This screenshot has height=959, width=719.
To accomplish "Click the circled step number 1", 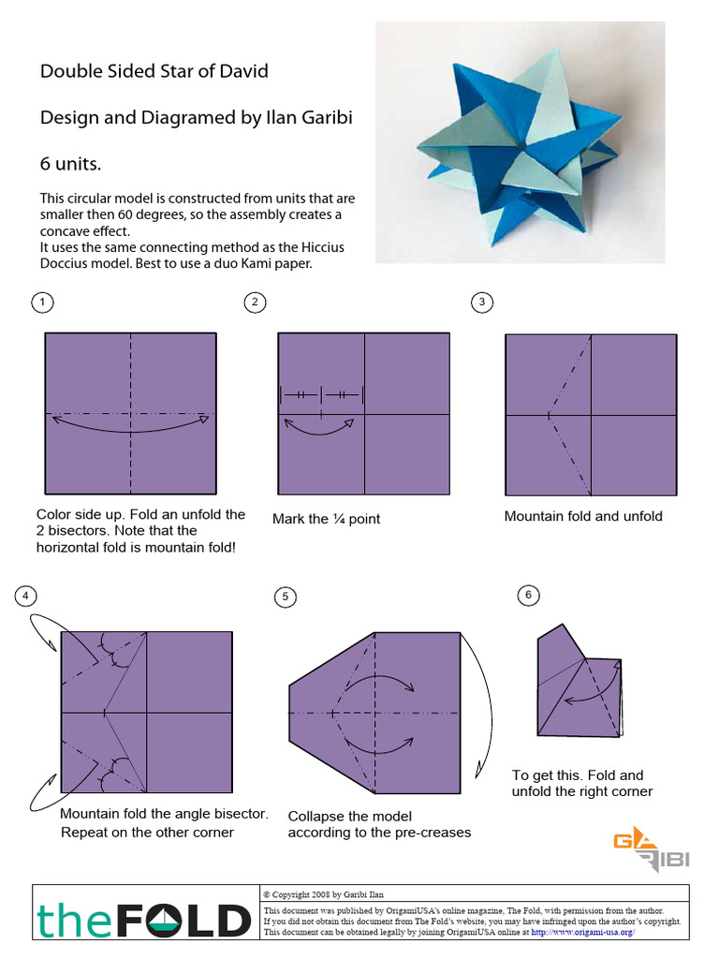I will coord(41,302).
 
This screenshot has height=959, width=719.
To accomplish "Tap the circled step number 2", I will coord(254,302).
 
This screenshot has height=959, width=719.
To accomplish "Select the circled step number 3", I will coord(481,302).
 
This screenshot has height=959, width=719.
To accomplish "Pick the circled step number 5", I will coord(285,597).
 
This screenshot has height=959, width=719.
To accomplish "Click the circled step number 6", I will coord(529,595).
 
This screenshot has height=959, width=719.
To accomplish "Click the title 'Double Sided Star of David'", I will coord(154,71).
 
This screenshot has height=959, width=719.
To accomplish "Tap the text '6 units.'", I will coord(69,164).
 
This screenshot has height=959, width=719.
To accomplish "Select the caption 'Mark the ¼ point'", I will coord(326,519).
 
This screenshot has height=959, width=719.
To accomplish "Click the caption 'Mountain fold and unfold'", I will coord(582,516).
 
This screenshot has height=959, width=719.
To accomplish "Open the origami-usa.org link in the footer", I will coord(583,932).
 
